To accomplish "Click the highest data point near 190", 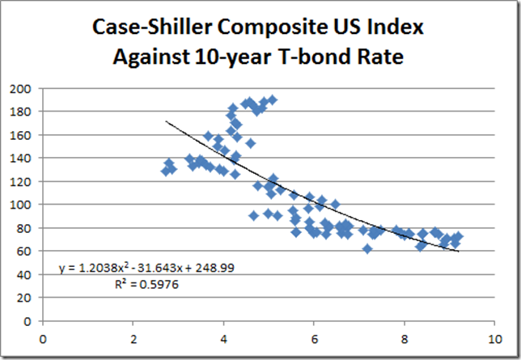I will (272, 100).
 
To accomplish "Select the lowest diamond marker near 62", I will (367, 248).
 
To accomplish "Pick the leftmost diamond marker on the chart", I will (167, 171).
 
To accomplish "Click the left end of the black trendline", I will (167, 121).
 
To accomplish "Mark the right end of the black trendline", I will (459, 252).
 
